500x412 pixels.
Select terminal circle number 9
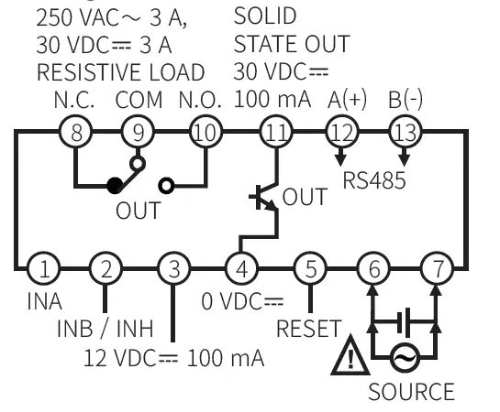pos(138,133)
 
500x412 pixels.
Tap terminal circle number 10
pos(206,133)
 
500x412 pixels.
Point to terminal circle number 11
pos(274,133)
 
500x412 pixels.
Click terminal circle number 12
pos(342,133)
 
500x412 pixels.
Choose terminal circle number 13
pos(404,133)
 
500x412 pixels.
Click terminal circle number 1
pos(42,269)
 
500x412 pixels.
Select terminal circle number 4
pos(240,269)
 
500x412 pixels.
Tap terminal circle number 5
pos(310,269)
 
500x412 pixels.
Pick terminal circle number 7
pos(437,269)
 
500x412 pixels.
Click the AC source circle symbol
pos(404,358)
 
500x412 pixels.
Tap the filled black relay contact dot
pos(114,186)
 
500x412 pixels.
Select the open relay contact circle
pos(166,186)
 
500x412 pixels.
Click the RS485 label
pos(373,179)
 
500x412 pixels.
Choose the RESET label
pos(309,328)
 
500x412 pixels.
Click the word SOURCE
pos(411,392)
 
